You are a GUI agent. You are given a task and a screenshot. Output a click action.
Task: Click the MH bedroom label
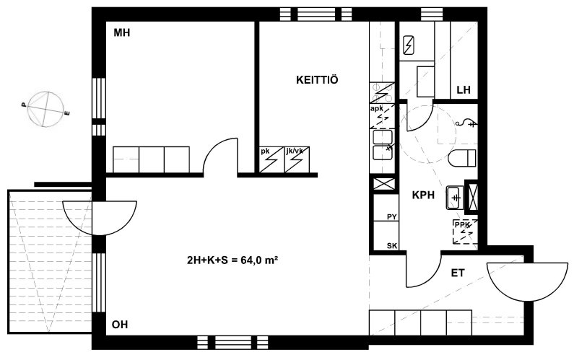121,33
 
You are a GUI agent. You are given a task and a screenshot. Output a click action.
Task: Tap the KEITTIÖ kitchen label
317,80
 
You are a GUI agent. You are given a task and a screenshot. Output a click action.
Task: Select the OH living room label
120,325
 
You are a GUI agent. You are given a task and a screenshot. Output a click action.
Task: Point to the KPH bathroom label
423,195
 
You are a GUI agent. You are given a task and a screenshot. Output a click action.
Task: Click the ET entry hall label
458,273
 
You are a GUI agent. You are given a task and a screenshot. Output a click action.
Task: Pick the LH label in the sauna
464,90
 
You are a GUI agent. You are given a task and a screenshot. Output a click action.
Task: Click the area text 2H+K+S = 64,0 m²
232,260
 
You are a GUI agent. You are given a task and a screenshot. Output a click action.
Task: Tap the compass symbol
45,109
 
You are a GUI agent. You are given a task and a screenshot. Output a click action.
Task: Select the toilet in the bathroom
462,158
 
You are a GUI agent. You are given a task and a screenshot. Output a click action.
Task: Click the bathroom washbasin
455,198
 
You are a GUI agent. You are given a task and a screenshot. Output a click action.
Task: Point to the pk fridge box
271,159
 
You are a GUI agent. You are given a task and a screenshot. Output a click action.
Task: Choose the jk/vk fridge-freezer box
297,159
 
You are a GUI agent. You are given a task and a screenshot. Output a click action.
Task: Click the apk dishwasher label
377,109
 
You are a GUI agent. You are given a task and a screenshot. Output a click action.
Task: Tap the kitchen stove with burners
382,93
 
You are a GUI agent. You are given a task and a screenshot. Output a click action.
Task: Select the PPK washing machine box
465,232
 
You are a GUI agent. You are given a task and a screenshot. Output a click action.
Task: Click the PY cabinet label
392,217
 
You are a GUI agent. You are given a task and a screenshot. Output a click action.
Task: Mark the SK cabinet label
392,246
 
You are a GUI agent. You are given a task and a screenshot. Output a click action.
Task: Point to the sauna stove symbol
409,45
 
